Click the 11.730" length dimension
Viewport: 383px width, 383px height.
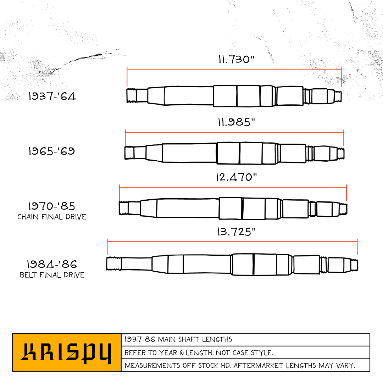tap(236, 59)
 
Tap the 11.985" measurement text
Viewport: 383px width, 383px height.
tap(236, 122)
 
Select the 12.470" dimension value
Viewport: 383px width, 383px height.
tap(236, 177)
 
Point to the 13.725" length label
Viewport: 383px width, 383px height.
tap(236, 232)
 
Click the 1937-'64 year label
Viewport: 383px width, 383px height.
tap(52, 96)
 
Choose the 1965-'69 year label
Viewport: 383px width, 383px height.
tap(51, 151)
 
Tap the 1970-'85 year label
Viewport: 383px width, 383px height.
tap(51, 206)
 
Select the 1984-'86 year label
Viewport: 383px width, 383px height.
tap(52, 264)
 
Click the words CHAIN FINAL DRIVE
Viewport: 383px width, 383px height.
tap(52, 217)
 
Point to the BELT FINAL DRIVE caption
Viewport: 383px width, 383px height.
tap(52, 275)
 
